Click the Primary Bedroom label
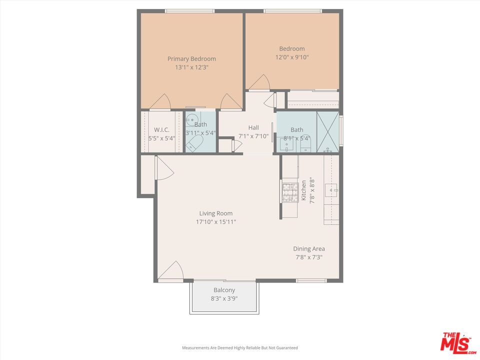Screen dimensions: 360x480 point(191,58)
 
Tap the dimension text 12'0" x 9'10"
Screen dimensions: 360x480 point(292,57)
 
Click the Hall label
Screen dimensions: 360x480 point(253,127)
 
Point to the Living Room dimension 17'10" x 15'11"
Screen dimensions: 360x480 point(216,221)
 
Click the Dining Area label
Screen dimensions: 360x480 point(308,248)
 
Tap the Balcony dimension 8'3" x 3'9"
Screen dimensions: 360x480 point(224,298)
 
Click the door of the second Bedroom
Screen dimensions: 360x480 point(259,83)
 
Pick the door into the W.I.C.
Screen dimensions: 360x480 point(161,102)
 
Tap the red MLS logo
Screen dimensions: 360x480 point(455,342)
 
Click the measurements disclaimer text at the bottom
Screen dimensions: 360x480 point(239,347)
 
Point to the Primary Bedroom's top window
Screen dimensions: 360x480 point(190,11)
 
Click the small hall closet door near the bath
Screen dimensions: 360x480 point(236,145)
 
